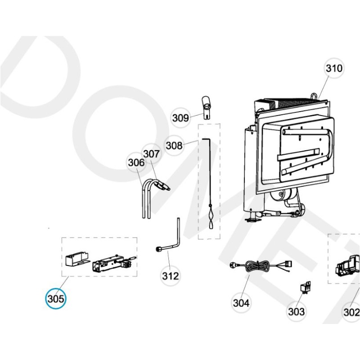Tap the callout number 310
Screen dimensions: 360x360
click(334, 69)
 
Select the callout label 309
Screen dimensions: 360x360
click(180, 118)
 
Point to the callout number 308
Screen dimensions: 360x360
click(174, 145)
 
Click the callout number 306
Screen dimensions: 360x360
click(136, 162)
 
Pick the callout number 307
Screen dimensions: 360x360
click(152, 154)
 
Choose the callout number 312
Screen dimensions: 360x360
click(171, 275)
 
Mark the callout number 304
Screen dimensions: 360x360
click(241, 303)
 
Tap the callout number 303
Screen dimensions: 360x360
click(296, 311)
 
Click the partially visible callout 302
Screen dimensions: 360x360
click(352, 312)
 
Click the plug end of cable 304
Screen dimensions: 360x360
click(234, 265)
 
